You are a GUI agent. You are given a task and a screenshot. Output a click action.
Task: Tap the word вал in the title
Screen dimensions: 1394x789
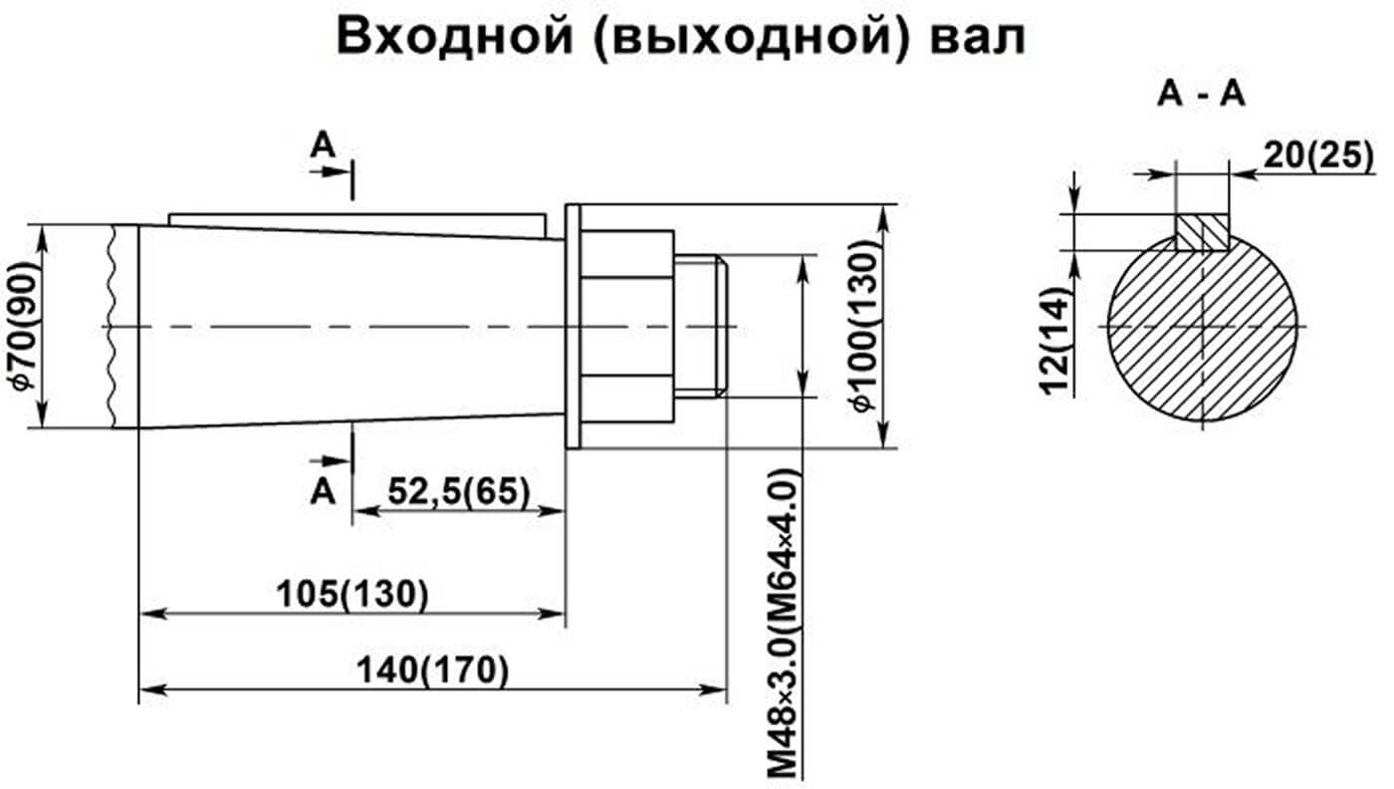[980, 37]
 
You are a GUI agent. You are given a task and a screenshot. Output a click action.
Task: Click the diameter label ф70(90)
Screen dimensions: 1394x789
[29, 327]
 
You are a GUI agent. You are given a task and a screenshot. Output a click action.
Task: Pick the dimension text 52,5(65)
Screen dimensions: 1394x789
[458, 491]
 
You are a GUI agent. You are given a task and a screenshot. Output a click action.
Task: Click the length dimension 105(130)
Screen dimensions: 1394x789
[353, 593]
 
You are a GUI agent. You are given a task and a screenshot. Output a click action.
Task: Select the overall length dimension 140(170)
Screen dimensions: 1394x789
[434, 669]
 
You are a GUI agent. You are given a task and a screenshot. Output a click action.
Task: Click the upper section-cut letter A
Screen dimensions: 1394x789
[322, 146]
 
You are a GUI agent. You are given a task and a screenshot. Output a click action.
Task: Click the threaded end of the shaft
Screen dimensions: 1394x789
[702, 326]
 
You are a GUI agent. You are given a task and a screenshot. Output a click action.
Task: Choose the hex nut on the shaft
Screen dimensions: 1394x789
[628, 326]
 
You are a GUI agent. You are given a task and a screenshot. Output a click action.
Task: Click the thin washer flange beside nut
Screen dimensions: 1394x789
[573, 327]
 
